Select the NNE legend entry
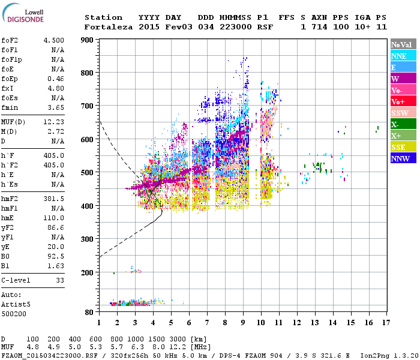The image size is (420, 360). point(403,56)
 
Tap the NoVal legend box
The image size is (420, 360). point(403,44)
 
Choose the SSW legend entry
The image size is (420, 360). point(403,113)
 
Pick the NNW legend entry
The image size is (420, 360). point(403,158)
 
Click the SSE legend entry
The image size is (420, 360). point(403,147)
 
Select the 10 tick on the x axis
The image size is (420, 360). point(260,323)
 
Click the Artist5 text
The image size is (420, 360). point(16,304)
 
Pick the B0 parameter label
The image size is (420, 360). point(5,256)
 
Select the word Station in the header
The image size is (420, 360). point(103,17)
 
